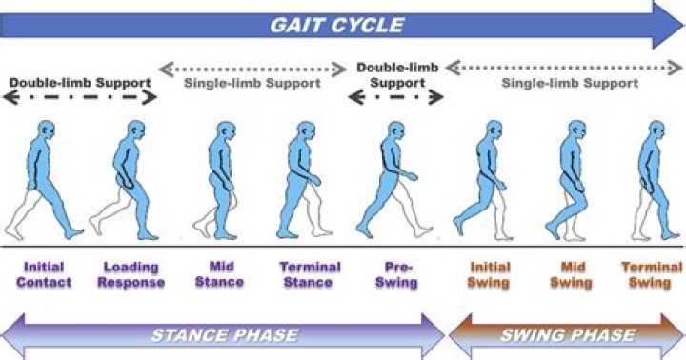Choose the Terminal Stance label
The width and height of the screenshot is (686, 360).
[x=307, y=275]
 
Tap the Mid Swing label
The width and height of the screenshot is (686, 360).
[x=571, y=275]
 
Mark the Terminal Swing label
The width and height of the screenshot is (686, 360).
[x=652, y=275]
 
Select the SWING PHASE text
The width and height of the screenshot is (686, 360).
[x=568, y=335]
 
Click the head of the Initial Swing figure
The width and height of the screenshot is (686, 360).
[x=492, y=131]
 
